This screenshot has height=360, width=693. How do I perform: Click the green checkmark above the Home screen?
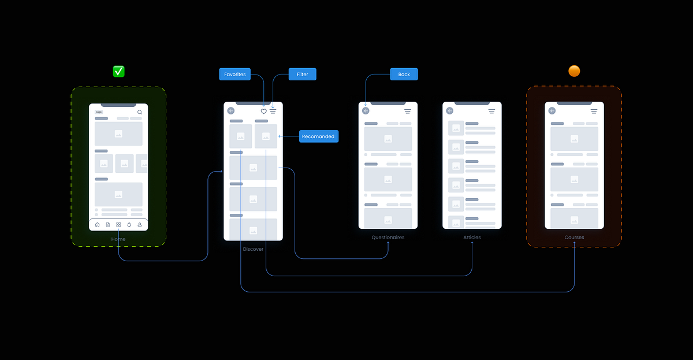pyautogui.click(x=118, y=71)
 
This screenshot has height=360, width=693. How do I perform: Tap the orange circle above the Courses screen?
pyautogui.click(x=574, y=71)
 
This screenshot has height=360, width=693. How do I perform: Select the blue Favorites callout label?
pyautogui.click(x=235, y=74)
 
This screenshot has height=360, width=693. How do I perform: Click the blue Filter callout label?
pyautogui.click(x=303, y=74)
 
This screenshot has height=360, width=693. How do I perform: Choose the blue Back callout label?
pyautogui.click(x=404, y=74)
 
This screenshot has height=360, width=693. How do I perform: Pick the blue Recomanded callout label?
pyautogui.click(x=318, y=137)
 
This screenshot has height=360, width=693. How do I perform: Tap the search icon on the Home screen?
pyautogui.click(x=139, y=112)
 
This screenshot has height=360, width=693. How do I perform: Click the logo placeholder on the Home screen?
pyautogui.click(x=99, y=112)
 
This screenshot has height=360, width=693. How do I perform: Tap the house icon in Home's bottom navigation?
pyautogui.click(x=97, y=225)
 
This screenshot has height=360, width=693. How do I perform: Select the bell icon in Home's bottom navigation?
pyautogui.click(x=129, y=225)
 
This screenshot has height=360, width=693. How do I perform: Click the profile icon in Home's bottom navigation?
pyautogui.click(x=139, y=225)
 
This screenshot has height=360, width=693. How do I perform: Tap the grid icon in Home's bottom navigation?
pyautogui.click(x=118, y=225)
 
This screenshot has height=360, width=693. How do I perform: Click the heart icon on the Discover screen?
pyautogui.click(x=264, y=111)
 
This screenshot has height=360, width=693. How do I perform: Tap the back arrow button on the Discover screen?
pyautogui.click(x=231, y=111)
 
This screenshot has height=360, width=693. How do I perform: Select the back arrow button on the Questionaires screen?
pyautogui.click(x=366, y=111)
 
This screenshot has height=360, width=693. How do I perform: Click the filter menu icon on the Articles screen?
pyautogui.click(x=491, y=111)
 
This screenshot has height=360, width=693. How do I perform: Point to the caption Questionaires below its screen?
pyautogui.click(x=388, y=237)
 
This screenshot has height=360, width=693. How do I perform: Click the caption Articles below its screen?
pyautogui.click(x=472, y=237)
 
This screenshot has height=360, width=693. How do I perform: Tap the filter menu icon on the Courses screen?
pyautogui.click(x=594, y=111)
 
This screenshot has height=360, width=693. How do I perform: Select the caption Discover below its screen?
pyautogui.click(x=253, y=249)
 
